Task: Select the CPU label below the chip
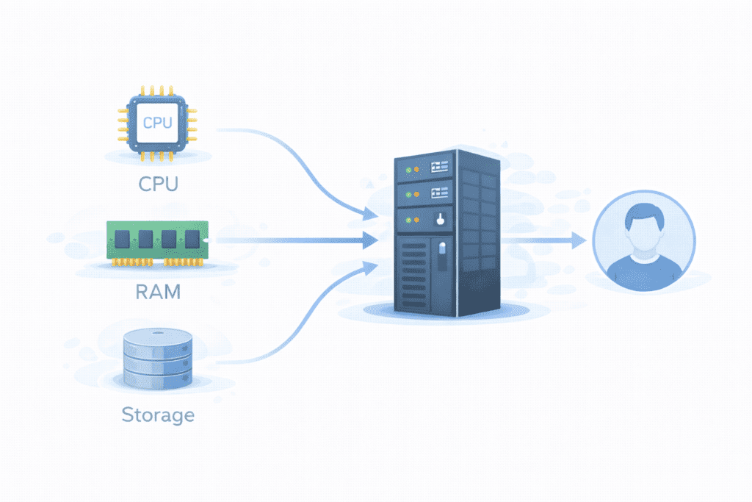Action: pos(158,183)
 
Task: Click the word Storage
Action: pos(158,415)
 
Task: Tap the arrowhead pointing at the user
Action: pos(580,240)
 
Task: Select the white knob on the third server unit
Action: pos(439,218)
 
